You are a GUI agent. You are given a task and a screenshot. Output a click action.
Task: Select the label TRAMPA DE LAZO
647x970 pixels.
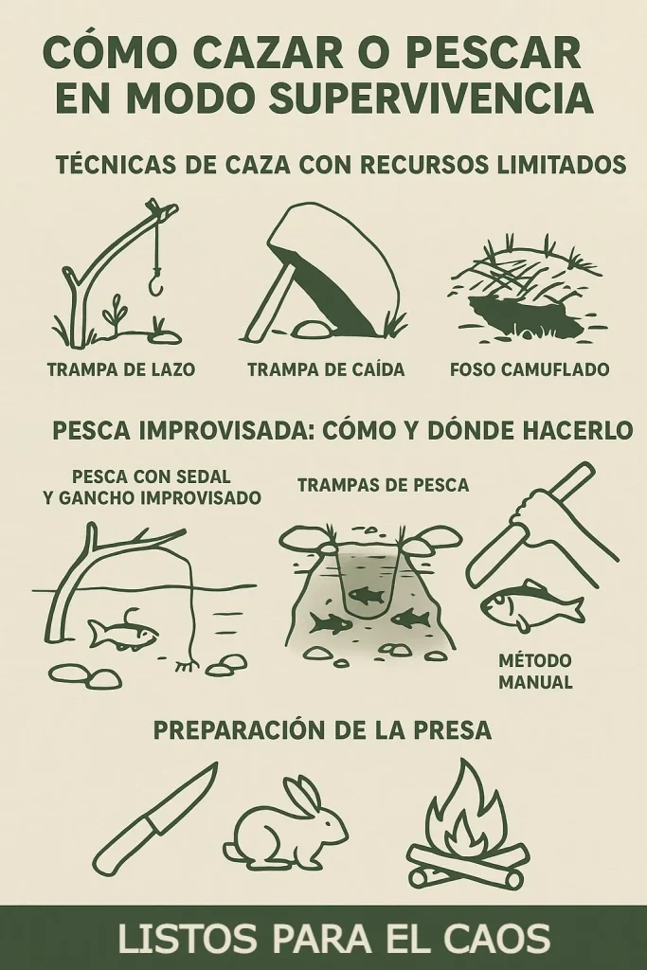(121, 369)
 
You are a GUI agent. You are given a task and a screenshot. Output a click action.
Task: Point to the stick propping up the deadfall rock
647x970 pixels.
(274, 299)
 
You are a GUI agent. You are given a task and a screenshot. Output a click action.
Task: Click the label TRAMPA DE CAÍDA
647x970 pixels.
(326, 369)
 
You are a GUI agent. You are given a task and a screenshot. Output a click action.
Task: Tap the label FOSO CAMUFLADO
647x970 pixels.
(530, 369)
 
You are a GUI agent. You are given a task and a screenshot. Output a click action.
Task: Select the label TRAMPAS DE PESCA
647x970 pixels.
(384, 485)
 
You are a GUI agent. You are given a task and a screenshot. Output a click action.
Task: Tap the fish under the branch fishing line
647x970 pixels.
(123, 632)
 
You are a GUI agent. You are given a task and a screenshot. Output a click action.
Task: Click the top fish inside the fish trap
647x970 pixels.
(362, 595)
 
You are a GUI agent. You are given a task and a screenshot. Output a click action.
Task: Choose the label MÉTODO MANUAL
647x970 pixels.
(535, 672)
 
